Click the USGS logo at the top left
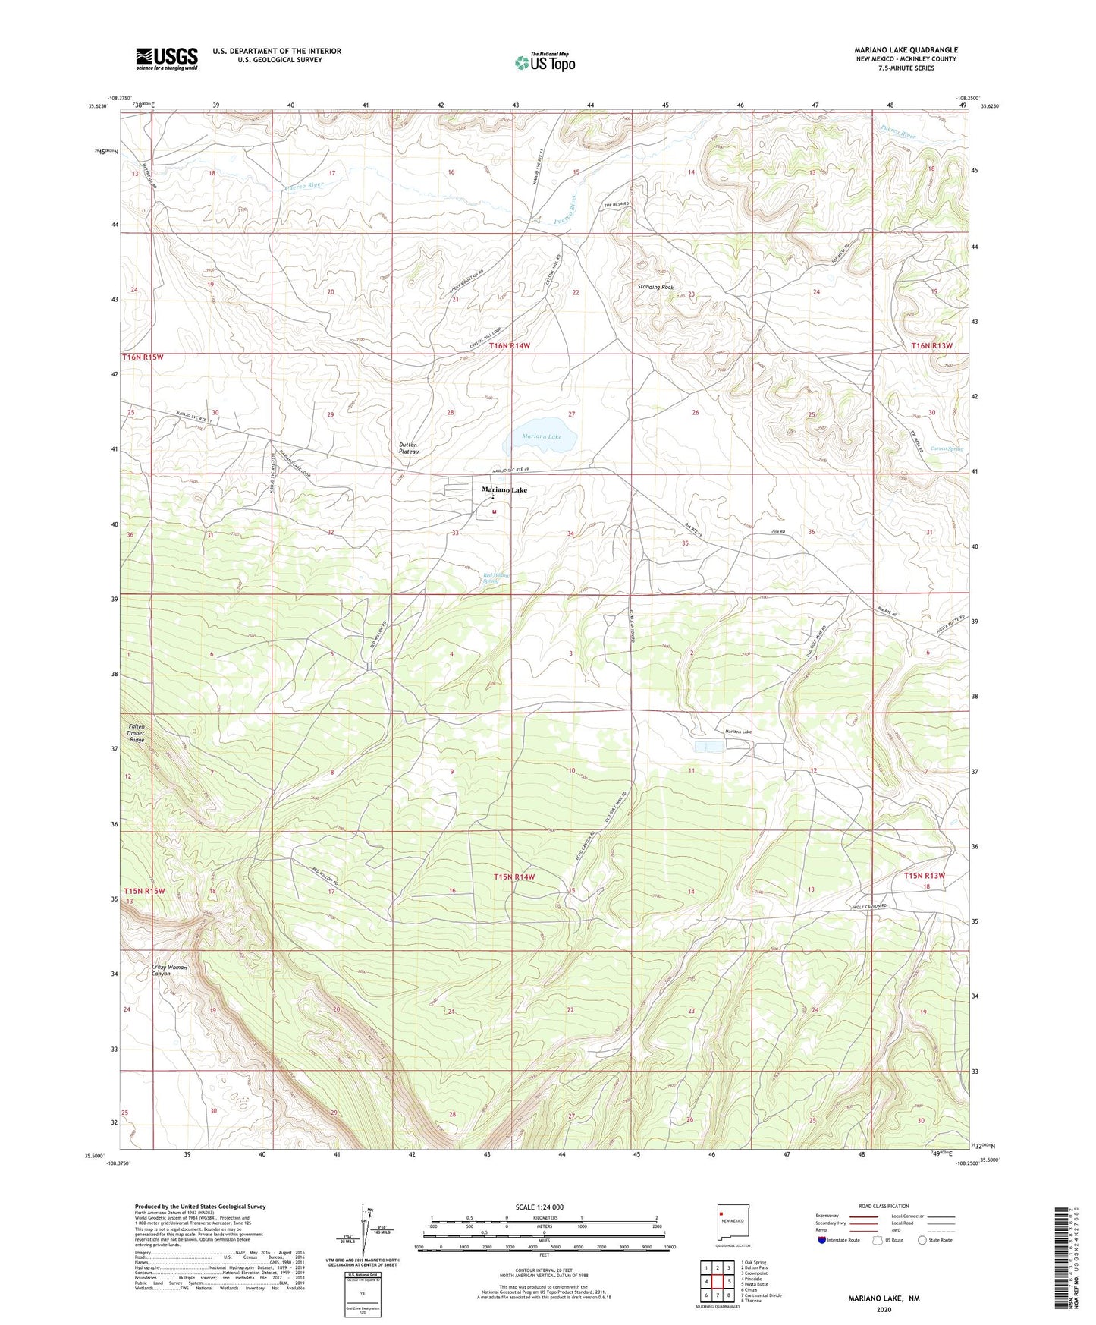167,58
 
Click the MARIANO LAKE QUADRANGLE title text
906,50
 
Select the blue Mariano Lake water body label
542,437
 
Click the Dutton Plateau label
409,448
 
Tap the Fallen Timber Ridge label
137,733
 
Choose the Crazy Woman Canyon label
169,971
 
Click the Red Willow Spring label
496,578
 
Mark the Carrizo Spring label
946,448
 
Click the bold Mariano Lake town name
504,490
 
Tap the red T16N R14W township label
510,345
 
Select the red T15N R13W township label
924,876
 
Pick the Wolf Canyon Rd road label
868,908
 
